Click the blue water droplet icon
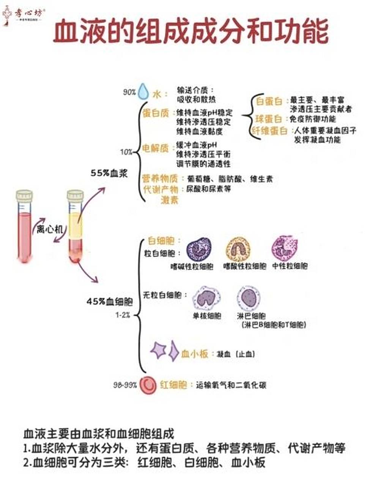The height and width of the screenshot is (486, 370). (143, 92)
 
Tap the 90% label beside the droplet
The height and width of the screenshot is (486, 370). (129, 92)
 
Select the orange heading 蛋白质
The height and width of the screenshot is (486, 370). (156, 113)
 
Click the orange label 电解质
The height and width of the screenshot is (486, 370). (155, 148)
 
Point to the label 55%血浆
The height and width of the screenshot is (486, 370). (109, 173)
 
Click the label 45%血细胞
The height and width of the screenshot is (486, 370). (109, 302)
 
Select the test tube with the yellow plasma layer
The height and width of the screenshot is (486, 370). (75, 227)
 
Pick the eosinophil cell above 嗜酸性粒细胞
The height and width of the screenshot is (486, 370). (238, 249)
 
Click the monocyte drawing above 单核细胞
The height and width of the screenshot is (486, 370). (207, 298)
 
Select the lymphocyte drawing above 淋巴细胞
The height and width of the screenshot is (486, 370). (250, 298)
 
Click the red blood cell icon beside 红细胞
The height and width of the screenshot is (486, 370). (148, 385)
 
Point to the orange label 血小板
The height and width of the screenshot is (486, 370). (195, 354)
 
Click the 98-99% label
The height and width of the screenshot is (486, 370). (125, 385)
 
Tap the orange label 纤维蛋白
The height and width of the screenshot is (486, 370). (270, 131)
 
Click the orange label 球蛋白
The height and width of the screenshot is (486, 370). (269, 119)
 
